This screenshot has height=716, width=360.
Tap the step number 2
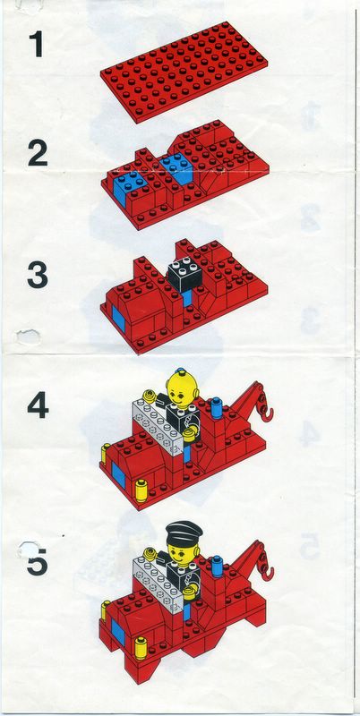[x=38, y=154]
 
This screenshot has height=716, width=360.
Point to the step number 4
[x=38, y=405]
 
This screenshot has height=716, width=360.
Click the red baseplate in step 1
[x=184, y=72]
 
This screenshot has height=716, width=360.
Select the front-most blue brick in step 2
[x=126, y=185]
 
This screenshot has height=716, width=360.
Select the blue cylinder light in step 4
[x=216, y=407]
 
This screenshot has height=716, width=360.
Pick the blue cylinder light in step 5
[x=216, y=564]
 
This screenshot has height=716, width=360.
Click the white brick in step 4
[x=159, y=425]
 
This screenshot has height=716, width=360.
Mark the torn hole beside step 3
[x=28, y=337]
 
